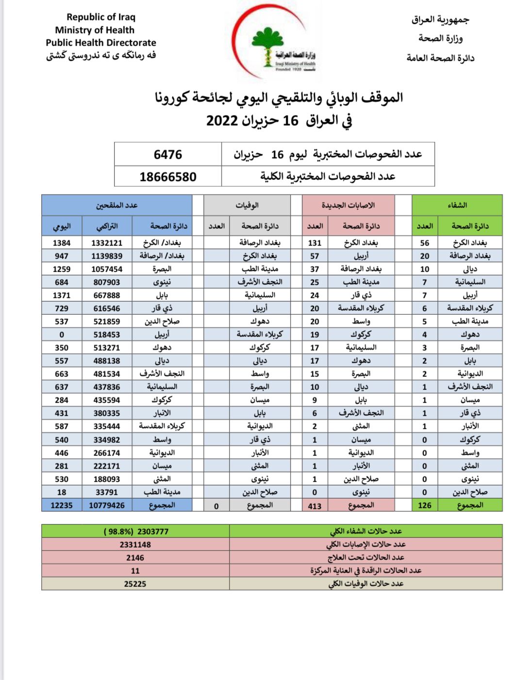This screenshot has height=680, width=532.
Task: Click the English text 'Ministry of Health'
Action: point(95,30)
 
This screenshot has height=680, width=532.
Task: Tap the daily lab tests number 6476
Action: point(168,155)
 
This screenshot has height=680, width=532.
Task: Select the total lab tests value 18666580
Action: point(168,177)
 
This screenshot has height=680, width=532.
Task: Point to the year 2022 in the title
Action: point(222,121)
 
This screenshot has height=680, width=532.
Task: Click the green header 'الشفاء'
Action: point(457,205)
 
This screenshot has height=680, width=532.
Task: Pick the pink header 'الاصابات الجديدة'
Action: point(348,205)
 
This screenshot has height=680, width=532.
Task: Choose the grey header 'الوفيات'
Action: point(247,206)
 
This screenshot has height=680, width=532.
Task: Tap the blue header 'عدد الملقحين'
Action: point(116,206)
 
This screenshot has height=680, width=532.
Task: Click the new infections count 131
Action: point(315,243)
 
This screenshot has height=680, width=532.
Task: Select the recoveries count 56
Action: point(425,243)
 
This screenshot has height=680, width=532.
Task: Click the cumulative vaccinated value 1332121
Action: point(107,243)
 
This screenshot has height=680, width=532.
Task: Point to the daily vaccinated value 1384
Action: point(62,243)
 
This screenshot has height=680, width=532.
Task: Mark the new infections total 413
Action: point(315,506)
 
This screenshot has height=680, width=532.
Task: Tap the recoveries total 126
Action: point(425,505)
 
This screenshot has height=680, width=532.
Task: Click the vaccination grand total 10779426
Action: point(107,505)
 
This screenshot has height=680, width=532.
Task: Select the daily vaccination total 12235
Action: point(62,505)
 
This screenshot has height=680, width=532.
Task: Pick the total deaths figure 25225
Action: point(135,584)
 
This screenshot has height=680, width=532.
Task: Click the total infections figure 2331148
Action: point(135,545)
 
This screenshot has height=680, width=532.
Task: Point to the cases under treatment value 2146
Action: point(135,558)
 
